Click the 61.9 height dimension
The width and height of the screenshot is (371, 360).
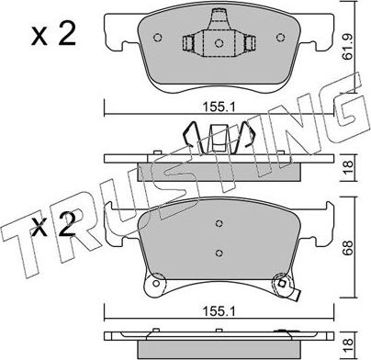[361, 42]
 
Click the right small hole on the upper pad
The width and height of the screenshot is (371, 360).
[281, 39]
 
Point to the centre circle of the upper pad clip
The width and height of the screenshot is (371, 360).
[219, 42]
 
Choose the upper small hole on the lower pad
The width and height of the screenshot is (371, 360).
[219, 222]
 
